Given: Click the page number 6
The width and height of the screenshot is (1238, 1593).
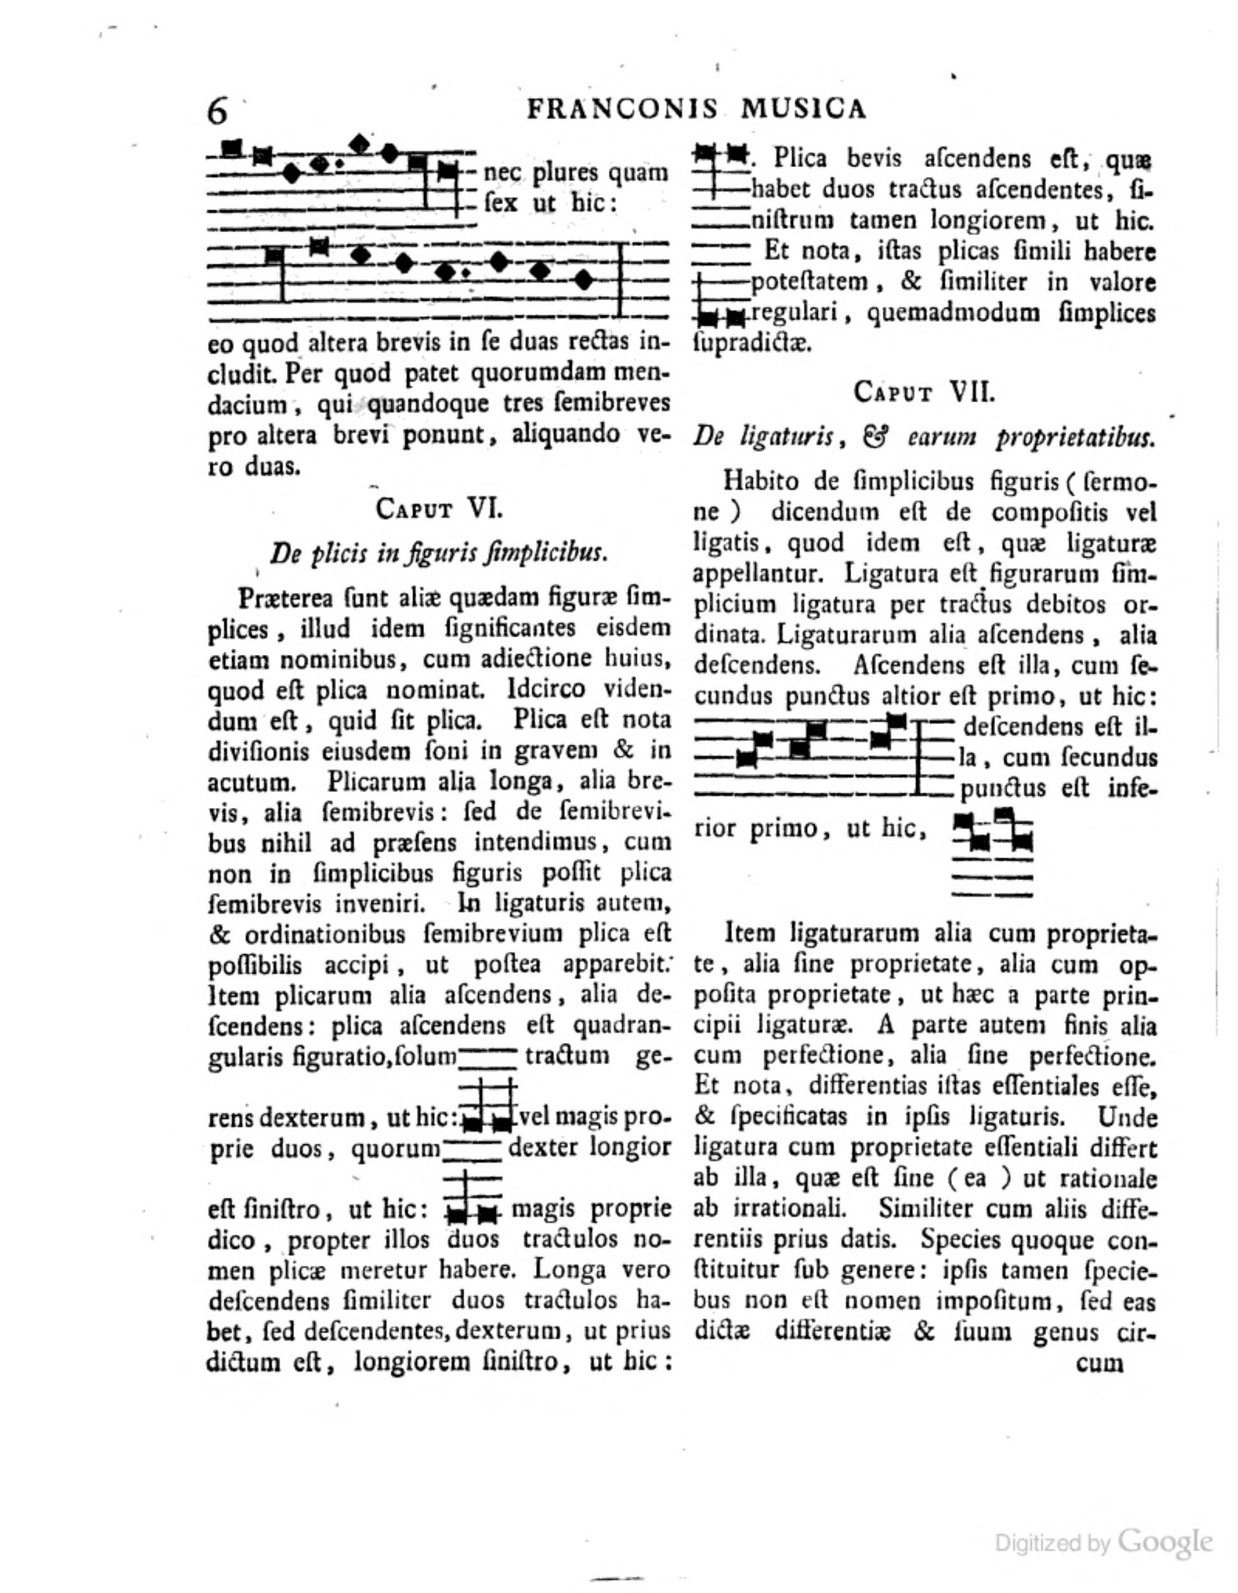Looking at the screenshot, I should pos(218,112).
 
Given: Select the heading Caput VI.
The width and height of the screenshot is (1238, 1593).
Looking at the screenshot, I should pos(439,508).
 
